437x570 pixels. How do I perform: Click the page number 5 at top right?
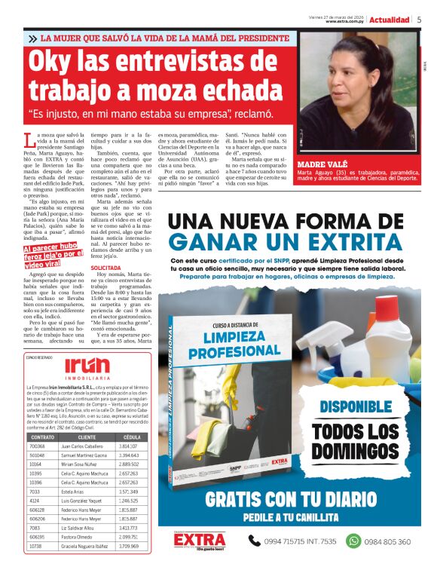419,20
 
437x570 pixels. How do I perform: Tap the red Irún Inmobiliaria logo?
87,367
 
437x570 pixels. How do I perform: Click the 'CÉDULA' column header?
131,437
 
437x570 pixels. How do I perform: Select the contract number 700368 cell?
37,446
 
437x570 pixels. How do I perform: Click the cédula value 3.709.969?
130,545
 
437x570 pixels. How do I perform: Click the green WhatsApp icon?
353,541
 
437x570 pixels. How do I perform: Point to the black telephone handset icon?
249,541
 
